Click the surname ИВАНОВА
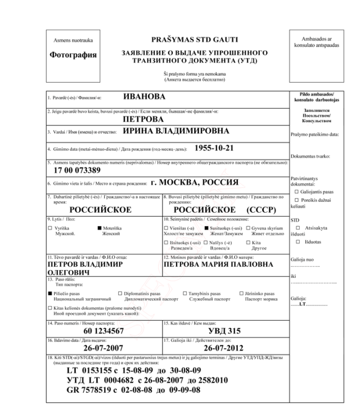point(145,96)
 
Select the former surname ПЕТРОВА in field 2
point(143,119)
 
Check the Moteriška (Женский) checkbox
point(100,227)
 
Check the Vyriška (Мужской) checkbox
point(50,227)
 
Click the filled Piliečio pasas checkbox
point(50,294)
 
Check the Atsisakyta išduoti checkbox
point(298,226)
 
